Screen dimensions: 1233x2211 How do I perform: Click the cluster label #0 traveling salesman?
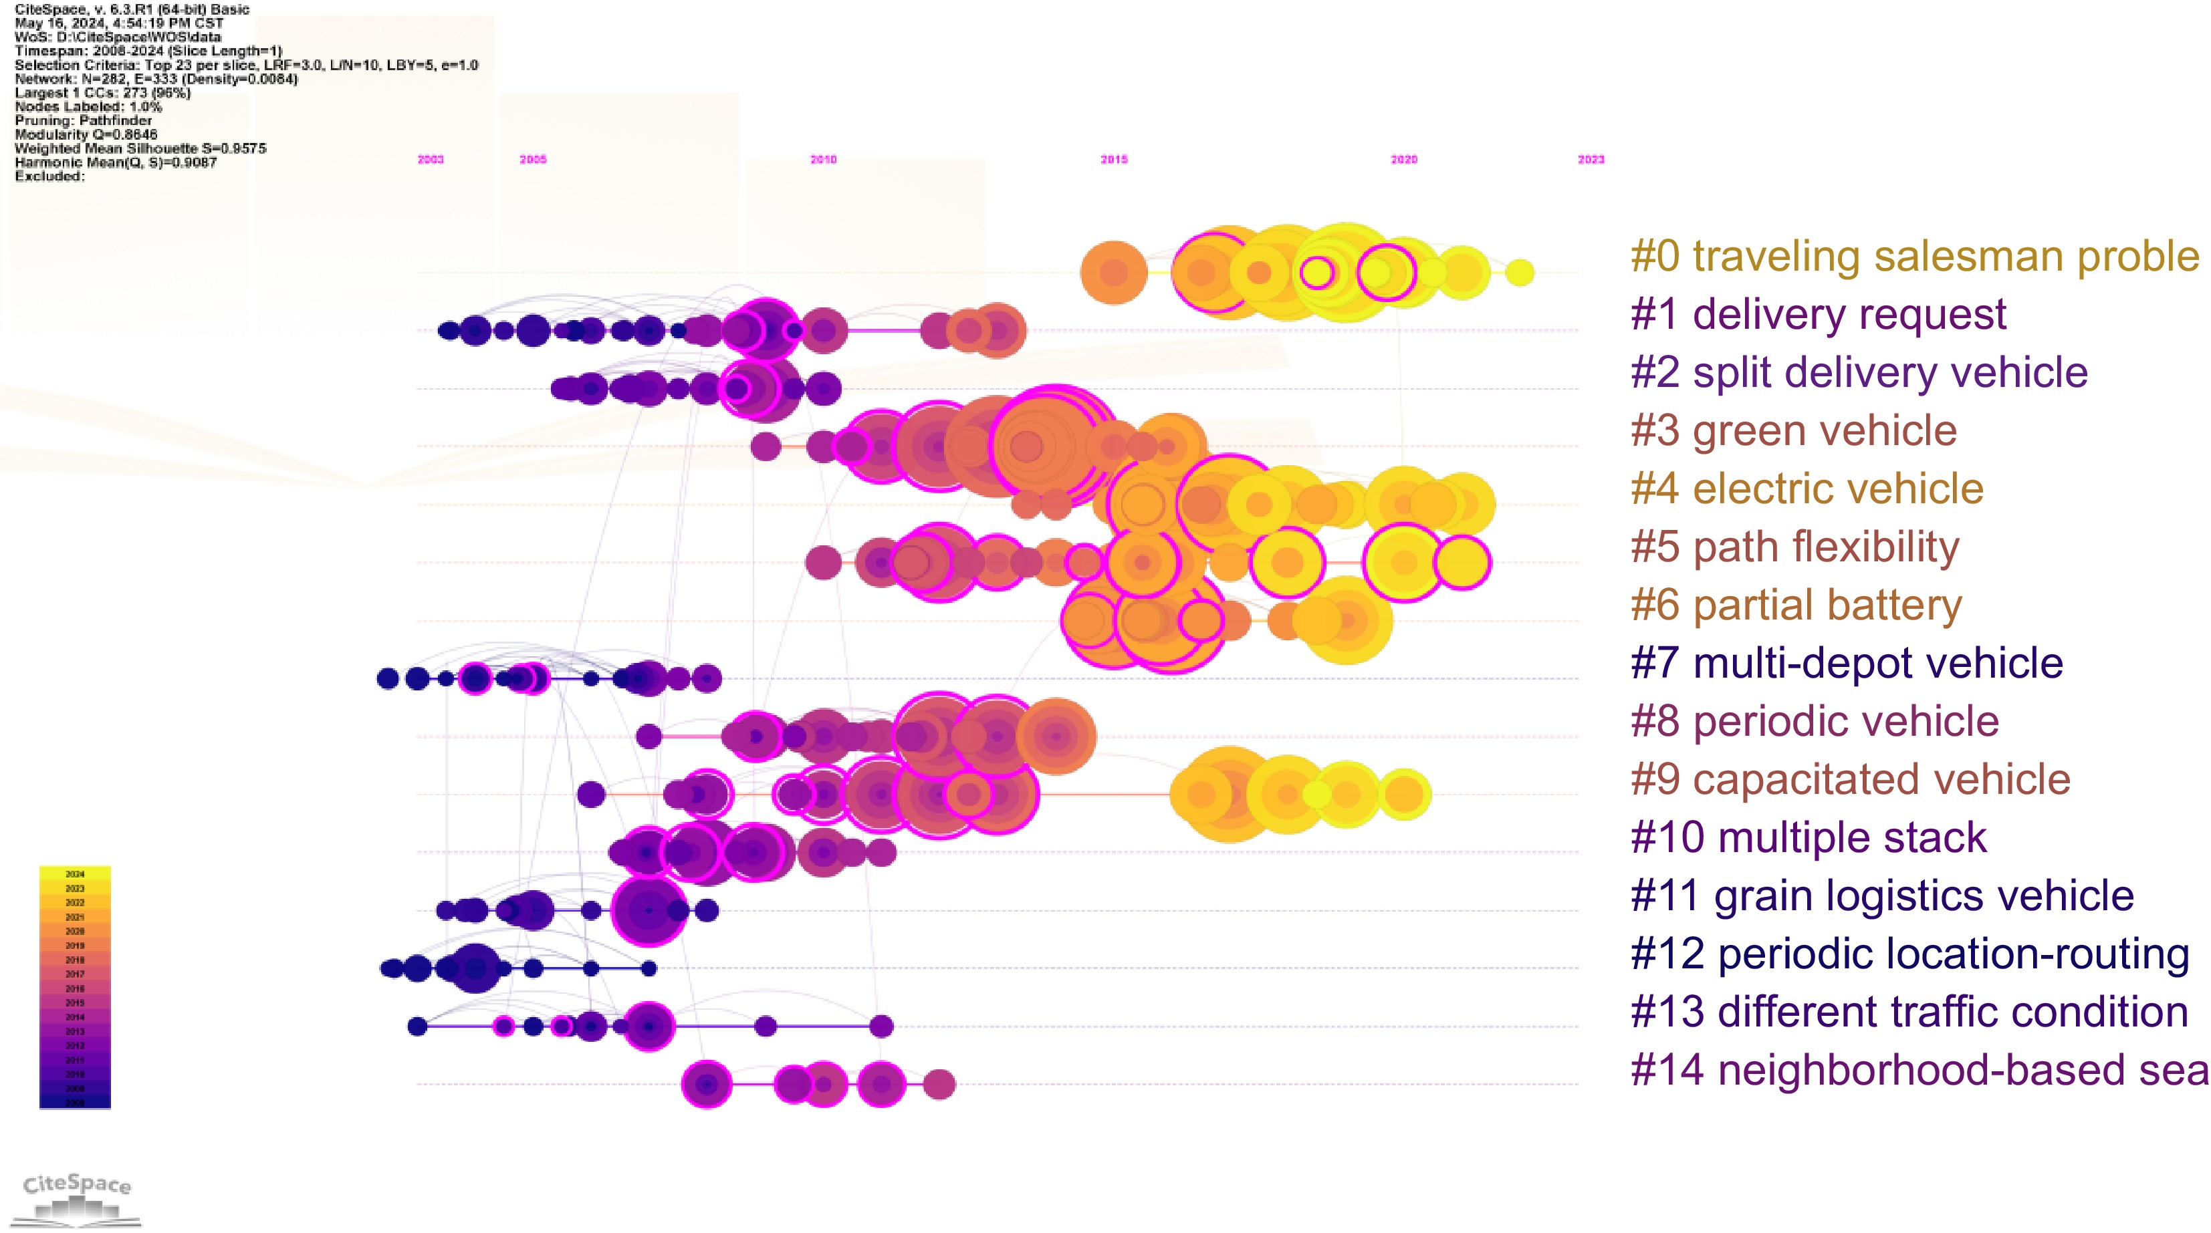click(x=1914, y=257)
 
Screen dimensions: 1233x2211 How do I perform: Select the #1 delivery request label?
click(x=1818, y=315)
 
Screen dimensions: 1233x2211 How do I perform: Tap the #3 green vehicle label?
click(x=1793, y=431)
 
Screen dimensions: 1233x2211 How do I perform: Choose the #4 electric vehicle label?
click(x=1807, y=489)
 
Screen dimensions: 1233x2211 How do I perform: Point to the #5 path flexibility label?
click(x=1794, y=547)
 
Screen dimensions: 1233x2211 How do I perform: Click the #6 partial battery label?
click(x=1796, y=605)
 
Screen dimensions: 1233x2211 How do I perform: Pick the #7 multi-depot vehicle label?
click(x=1846, y=663)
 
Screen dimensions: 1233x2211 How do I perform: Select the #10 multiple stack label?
click(x=1809, y=837)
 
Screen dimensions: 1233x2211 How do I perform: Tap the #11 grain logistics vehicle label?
click(x=1881, y=896)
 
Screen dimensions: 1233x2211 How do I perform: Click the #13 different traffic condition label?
click(x=1909, y=1012)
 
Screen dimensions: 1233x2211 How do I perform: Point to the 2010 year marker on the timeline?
click(x=823, y=160)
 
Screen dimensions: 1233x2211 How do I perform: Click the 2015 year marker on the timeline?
click(x=1114, y=160)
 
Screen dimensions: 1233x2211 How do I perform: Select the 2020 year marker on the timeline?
click(x=1404, y=160)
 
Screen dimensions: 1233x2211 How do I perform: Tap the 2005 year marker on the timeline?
click(x=533, y=160)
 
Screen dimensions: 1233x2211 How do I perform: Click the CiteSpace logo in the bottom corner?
click(x=78, y=1197)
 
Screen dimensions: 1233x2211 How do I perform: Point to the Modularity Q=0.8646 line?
click(x=86, y=135)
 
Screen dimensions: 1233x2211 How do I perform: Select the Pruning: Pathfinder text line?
click(x=84, y=121)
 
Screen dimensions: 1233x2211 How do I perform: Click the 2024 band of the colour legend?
click(x=75, y=874)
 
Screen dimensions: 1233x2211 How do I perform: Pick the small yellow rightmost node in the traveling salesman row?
click(x=1519, y=272)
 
